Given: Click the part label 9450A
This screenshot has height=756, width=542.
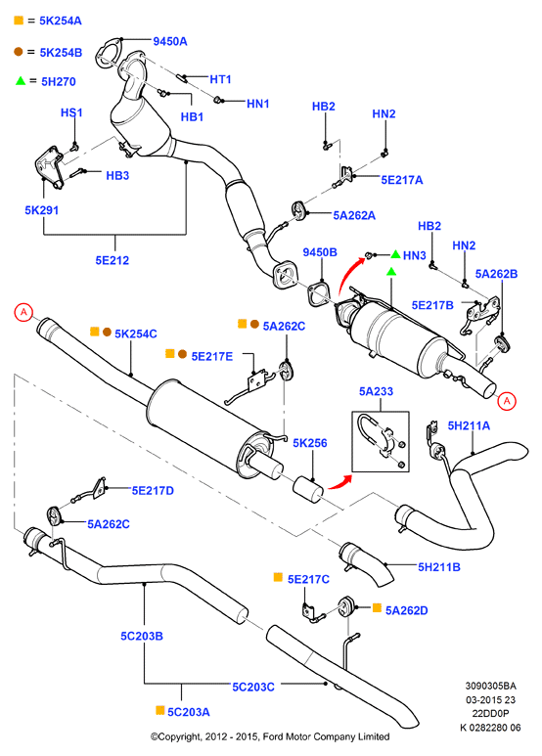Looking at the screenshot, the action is point(169,41).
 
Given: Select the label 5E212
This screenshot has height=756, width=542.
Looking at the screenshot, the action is point(113,260).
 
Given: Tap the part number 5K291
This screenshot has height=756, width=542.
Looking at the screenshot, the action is point(41,210).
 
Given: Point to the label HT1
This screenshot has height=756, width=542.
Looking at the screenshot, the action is point(220,79).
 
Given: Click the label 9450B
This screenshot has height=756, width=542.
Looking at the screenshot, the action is point(320,252).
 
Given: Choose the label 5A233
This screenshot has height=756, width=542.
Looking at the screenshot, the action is point(376,391).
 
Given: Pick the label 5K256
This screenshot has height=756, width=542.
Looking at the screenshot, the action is point(310,443).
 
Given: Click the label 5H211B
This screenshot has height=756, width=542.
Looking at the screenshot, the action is point(439,567).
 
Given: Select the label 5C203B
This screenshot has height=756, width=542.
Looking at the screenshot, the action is point(142,636).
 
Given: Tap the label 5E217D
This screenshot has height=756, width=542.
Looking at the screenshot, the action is point(153,490).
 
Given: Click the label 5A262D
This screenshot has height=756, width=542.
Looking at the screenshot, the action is point(407,610).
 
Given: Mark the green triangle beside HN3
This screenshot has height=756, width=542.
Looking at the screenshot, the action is point(395,254).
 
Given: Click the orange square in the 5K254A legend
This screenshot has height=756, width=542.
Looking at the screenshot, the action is point(19,21).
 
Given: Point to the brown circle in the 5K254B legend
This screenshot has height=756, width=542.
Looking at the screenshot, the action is point(19,52).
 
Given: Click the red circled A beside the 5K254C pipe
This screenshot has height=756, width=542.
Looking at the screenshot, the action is point(23,312).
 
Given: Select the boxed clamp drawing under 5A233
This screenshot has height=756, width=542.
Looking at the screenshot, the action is point(381,441).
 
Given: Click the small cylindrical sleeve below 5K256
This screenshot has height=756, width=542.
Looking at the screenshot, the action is point(308,489).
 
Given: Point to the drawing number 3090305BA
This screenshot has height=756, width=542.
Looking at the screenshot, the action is point(490,686).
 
